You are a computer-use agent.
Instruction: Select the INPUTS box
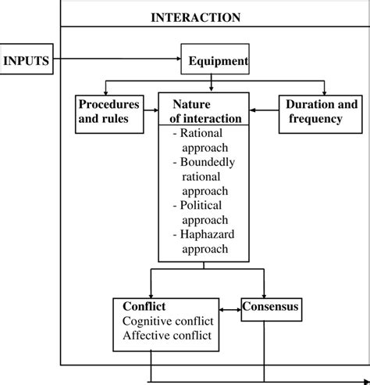pyautogui.click(x=27, y=60)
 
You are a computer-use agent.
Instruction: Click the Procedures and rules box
pyautogui.click(x=109, y=111)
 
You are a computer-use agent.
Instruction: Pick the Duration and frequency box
pyautogui.click(x=321, y=111)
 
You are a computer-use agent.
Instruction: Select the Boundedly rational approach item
pyautogui.click(x=205, y=176)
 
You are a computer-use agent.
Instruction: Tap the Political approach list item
pyautogui.click(x=204, y=212)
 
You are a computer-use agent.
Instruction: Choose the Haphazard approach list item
pyautogui.click(x=204, y=242)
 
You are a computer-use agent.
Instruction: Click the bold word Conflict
pyautogui.click(x=144, y=306)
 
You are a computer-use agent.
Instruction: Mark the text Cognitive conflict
pyautogui.click(x=165, y=321)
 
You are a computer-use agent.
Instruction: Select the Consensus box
pyautogui.click(x=269, y=308)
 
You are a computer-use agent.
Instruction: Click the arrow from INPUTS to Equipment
pyautogui.click(x=117, y=59)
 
